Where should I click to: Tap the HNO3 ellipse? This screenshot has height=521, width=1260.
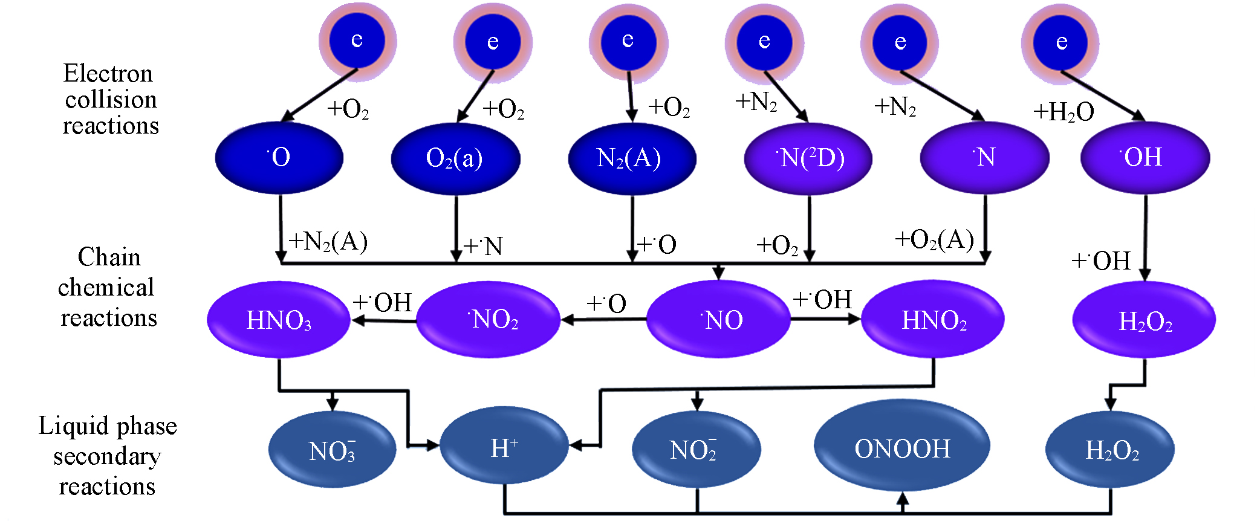pyautogui.click(x=279, y=319)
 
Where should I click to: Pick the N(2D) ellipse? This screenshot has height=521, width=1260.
pyautogui.click(x=808, y=158)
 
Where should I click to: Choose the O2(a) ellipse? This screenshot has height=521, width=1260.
pyautogui.click(x=455, y=158)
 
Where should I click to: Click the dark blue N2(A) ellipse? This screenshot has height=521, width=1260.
pyautogui.click(x=632, y=158)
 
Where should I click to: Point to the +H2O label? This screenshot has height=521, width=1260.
pyautogui.click(x=1063, y=112)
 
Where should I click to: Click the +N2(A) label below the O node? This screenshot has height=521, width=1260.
pyautogui.click(x=328, y=241)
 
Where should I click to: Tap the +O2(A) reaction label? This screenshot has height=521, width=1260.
pyautogui.click(x=934, y=239)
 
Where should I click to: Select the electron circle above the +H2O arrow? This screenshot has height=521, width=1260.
pyautogui.click(x=1060, y=42)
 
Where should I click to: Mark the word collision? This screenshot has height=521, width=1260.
pyautogui.click(x=111, y=99)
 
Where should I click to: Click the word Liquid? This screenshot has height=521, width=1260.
pyautogui.click(x=64, y=426)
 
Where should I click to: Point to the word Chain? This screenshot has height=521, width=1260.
pyautogui.click(x=109, y=257)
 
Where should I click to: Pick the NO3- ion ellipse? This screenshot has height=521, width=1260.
pyautogui.click(x=332, y=450)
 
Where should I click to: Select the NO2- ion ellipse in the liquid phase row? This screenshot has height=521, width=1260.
pyautogui.click(x=695, y=450)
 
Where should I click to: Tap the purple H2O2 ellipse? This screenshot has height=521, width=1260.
pyautogui.click(x=1144, y=319)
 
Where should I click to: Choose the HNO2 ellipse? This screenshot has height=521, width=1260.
pyautogui.click(x=932, y=319)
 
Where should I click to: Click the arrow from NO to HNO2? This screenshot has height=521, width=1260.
pyautogui.click(x=825, y=319)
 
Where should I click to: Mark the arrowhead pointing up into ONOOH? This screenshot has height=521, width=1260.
pyautogui.click(x=902, y=499)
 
